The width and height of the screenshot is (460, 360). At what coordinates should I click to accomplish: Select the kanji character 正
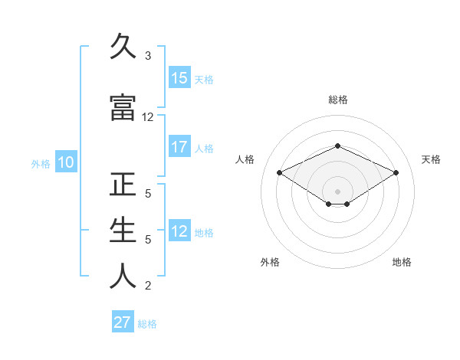[x=123, y=186]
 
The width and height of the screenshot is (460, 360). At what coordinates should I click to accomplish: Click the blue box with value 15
[x=179, y=78]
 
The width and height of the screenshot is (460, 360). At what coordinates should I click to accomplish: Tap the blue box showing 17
[x=179, y=147]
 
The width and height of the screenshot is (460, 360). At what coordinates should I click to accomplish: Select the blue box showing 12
[x=179, y=231]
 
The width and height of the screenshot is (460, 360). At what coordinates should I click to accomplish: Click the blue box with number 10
[x=65, y=162]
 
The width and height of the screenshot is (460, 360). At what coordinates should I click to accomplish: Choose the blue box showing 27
[x=123, y=322]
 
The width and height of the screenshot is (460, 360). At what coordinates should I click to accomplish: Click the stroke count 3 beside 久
[x=148, y=56]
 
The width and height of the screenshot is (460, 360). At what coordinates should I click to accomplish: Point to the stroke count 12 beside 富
[x=148, y=117]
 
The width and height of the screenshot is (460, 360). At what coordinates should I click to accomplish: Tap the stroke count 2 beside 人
[x=148, y=286]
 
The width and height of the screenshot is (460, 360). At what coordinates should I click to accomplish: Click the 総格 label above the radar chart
[x=338, y=100]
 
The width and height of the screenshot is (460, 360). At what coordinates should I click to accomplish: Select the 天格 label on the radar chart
[x=432, y=159]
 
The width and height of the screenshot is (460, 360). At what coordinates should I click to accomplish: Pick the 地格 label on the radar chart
[x=402, y=262]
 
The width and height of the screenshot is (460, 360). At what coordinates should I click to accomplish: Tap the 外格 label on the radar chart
[x=270, y=262]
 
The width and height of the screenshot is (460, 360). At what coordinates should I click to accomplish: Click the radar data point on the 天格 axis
[x=396, y=172]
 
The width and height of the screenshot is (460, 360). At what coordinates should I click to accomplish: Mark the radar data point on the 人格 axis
[x=280, y=172]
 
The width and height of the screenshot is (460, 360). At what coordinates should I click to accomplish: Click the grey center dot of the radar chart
[x=338, y=191]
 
